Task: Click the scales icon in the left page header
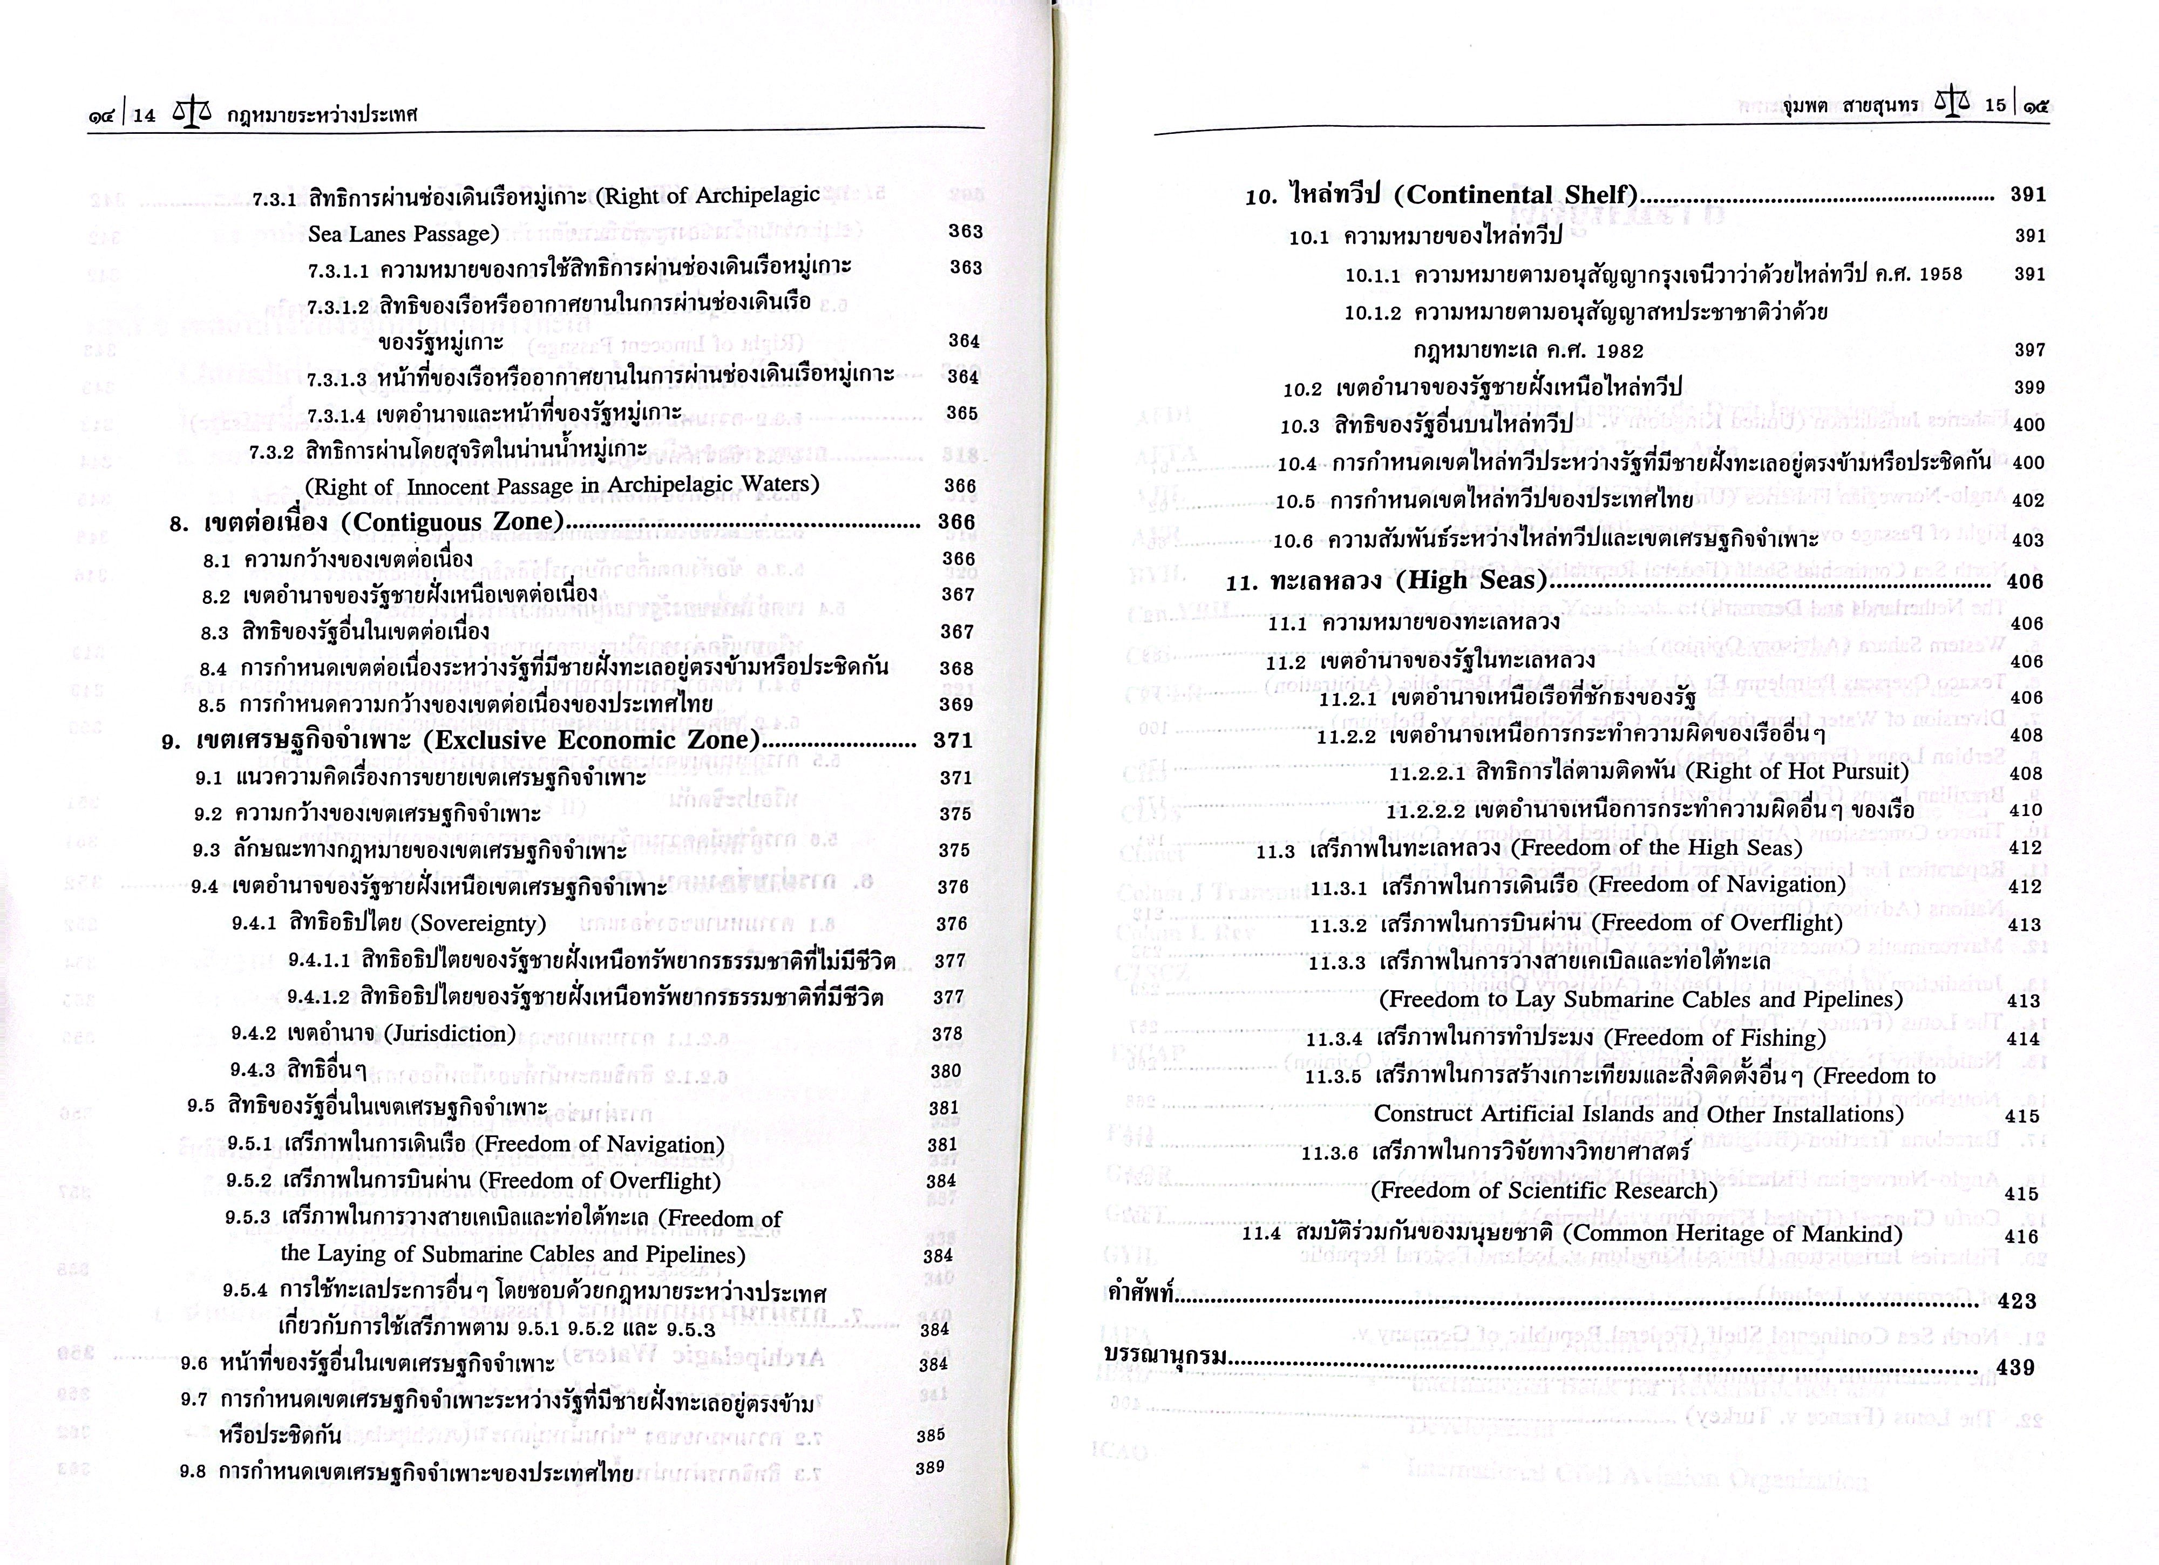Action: (x=192, y=113)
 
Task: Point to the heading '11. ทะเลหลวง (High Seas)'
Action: (x=1385, y=581)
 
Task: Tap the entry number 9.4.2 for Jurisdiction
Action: (x=253, y=1035)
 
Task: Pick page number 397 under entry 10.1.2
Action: (x=2029, y=350)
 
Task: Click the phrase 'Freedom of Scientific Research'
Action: (x=1544, y=1191)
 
